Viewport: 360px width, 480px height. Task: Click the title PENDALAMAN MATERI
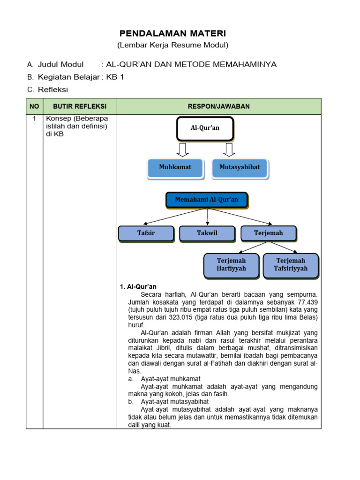tap(172, 33)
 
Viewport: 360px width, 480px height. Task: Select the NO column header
tap(34, 106)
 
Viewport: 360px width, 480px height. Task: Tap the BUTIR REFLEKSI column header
tap(80, 106)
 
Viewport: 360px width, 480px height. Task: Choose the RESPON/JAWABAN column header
tap(219, 106)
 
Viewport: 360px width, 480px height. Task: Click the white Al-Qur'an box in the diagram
tap(204, 128)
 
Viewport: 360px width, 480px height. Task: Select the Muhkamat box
tap(175, 167)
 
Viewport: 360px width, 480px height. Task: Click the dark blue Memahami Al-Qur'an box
tap(207, 200)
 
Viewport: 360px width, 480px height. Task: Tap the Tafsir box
tap(146, 233)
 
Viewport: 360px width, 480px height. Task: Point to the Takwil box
tap(207, 233)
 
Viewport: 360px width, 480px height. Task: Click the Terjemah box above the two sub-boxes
tap(268, 233)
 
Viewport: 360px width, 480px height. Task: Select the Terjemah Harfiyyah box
tap(231, 264)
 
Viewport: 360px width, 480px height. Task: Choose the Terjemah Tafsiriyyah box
tap(291, 264)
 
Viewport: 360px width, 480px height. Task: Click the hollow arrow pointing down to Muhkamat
tap(183, 149)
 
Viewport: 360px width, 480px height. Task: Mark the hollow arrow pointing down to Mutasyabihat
tap(229, 149)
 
